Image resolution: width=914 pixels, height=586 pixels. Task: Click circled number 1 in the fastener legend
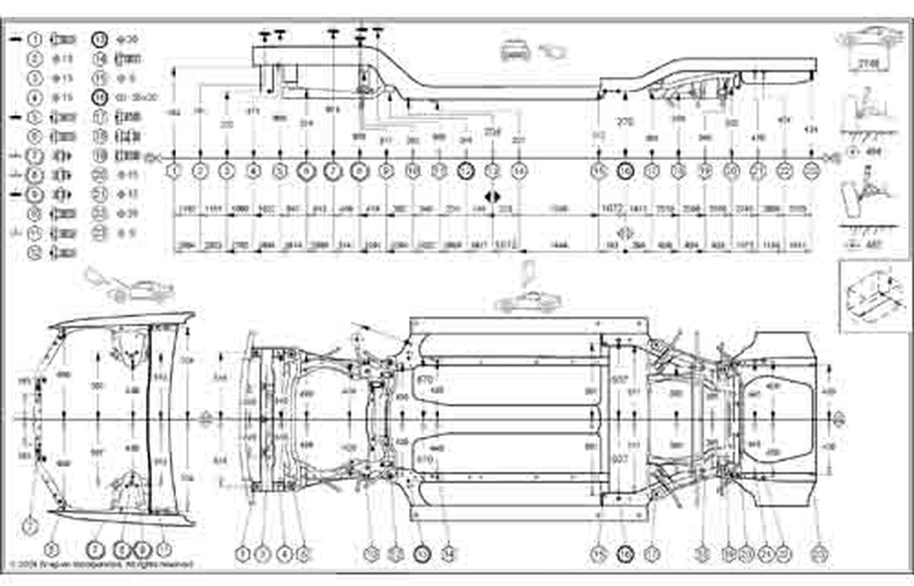click(34, 40)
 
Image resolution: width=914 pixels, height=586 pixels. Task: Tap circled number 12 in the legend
click(34, 252)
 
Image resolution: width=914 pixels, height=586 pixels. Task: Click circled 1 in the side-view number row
click(175, 170)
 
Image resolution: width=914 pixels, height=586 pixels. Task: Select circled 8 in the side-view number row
click(360, 170)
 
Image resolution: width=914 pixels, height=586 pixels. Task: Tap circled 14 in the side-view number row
click(518, 170)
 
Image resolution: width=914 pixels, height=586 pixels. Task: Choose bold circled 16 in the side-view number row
click(625, 170)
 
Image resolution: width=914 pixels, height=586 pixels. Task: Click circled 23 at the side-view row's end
click(812, 170)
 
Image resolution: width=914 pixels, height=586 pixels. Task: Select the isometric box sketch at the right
click(873, 295)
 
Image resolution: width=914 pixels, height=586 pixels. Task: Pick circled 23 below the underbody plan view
click(817, 551)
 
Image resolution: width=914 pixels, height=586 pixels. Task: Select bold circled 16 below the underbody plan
click(625, 551)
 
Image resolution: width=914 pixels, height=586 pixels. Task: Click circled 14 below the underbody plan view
click(448, 551)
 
